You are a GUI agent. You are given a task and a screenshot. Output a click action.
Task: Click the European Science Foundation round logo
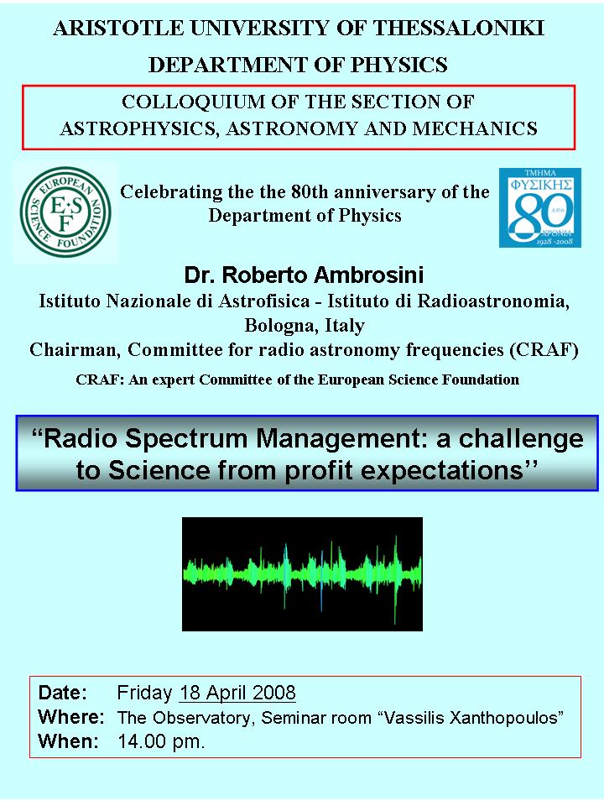(x=65, y=212)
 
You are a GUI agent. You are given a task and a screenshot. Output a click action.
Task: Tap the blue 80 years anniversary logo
(x=540, y=207)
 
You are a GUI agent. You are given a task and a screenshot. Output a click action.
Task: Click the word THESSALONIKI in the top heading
(x=459, y=29)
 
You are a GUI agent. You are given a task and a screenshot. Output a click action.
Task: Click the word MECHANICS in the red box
(x=475, y=128)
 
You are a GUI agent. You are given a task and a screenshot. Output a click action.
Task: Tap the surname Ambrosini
(x=369, y=275)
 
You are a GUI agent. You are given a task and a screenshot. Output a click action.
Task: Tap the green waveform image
(x=303, y=574)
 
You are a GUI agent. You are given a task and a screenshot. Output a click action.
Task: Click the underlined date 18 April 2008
(x=237, y=693)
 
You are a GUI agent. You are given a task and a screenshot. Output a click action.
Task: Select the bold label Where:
(x=71, y=716)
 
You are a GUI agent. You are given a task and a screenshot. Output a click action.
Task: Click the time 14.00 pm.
(x=161, y=741)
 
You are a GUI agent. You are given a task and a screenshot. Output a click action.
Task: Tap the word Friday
(x=144, y=693)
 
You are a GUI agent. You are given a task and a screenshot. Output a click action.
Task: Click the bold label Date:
(x=63, y=693)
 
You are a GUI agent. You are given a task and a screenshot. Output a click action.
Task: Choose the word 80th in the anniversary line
(x=310, y=191)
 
